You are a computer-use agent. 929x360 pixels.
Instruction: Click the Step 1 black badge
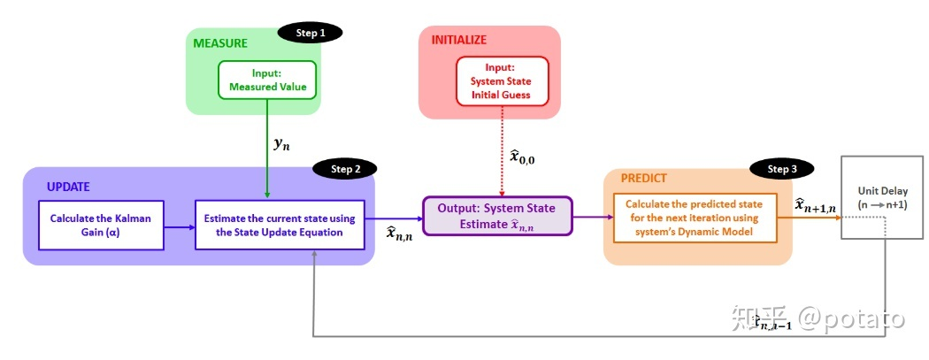tap(310, 33)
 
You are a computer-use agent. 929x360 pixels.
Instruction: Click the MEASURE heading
tap(221, 42)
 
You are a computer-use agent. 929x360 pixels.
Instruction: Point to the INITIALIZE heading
tap(458, 40)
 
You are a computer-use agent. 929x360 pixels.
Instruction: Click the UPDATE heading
tap(68, 188)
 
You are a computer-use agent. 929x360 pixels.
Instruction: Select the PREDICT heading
tap(643, 178)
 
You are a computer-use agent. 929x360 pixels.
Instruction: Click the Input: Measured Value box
tap(266, 80)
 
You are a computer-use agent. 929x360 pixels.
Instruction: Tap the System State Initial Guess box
tap(502, 81)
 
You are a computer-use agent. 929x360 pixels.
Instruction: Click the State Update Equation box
tap(280, 225)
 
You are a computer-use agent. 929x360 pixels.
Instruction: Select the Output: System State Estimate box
tap(497, 215)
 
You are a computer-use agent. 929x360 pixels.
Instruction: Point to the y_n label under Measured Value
tap(281, 143)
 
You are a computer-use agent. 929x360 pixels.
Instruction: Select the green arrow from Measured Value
tap(266, 150)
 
